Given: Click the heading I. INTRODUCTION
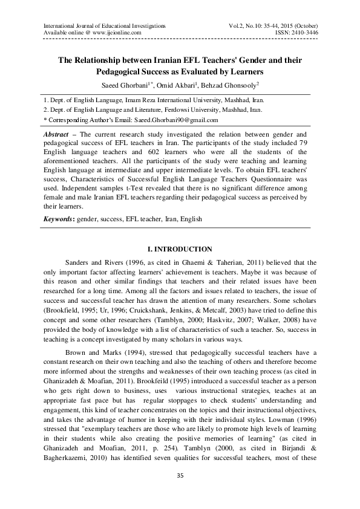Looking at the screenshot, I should pos(180,249).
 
